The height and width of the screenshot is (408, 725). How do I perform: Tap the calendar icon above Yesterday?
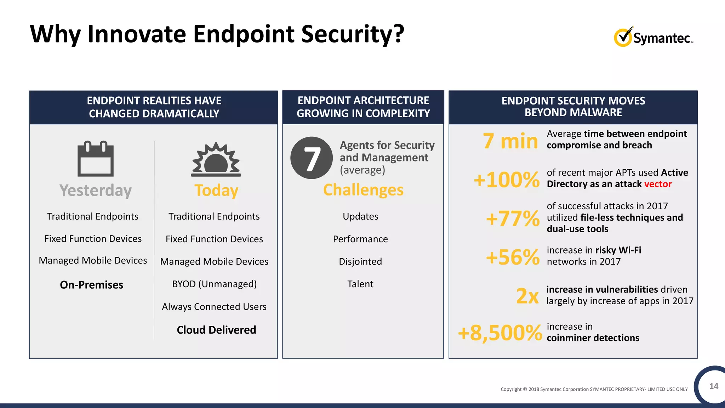[x=96, y=159]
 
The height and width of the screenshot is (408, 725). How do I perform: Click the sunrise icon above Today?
[x=216, y=160]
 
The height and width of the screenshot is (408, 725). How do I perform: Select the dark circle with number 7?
[x=312, y=158]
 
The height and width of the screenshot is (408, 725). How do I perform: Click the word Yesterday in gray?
[x=96, y=191]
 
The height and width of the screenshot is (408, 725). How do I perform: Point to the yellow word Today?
[x=216, y=191]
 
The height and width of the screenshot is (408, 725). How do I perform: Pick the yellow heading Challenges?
[x=363, y=190]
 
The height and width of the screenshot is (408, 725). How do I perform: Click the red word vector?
[x=658, y=184]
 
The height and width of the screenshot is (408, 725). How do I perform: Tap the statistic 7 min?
[x=510, y=141]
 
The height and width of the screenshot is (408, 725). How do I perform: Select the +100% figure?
[x=507, y=180]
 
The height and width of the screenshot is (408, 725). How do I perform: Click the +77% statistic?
[x=513, y=219]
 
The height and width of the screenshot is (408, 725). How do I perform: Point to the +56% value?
[x=513, y=257]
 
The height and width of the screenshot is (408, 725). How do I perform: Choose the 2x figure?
[x=527, y=296]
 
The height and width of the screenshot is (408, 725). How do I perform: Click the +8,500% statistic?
[x=500, y=333]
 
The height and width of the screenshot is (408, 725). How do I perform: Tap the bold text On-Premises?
[x=92, y=285]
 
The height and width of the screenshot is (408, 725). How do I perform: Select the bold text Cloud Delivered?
[x=216, y=330]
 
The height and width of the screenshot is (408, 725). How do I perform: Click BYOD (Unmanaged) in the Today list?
[x=215, y=284]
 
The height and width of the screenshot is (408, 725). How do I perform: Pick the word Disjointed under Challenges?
[x=360, y=261]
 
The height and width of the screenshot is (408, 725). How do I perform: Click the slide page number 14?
[x=714, y=386]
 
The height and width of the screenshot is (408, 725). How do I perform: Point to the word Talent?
[x=360, y=284]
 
